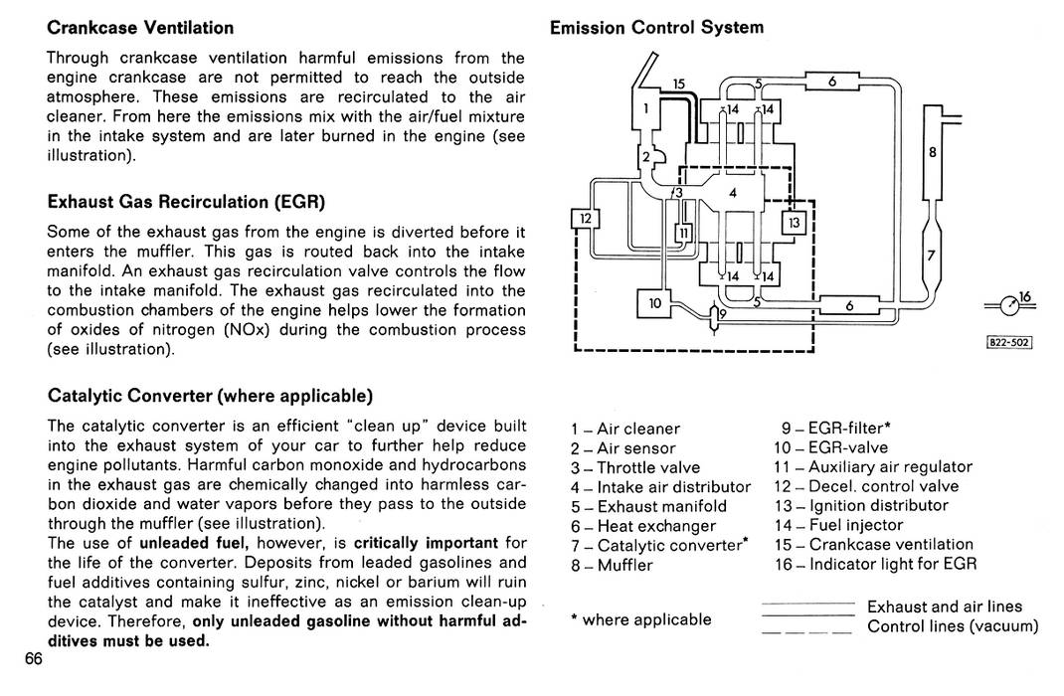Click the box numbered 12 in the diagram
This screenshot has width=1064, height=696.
[585, 219]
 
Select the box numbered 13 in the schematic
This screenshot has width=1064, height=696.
[794, 223]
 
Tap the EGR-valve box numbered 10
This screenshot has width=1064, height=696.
[654, 303]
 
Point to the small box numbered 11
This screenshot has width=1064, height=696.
[684, 234]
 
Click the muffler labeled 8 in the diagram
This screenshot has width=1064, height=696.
[933, 153]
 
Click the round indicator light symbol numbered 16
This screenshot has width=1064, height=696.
[1009, 306]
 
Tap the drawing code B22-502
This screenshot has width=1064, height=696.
[1009, 343]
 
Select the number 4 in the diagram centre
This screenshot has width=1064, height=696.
[733, 193]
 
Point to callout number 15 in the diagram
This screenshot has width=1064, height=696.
[678, 85]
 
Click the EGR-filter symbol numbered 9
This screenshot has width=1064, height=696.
[714, 317]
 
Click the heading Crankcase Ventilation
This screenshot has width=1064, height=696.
[140, 28]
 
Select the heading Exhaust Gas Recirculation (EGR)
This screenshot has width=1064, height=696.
[187, 202]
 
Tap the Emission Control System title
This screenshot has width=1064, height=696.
[657, 28]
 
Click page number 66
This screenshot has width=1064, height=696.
[34, 659]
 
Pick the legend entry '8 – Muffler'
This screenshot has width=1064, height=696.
[612, 565]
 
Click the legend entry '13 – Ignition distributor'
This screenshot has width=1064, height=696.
[861, 505]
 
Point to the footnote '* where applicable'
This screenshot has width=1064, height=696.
[641, 619]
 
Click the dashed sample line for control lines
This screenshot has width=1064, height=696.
[806, 632]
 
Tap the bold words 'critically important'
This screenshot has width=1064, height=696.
[427, 543]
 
